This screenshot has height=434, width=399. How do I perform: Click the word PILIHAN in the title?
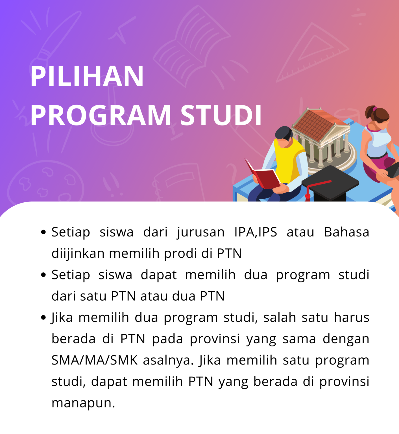coord(87,76)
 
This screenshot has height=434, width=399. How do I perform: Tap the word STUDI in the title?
coord(221,115)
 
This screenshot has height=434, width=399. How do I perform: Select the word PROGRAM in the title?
coord(101,115)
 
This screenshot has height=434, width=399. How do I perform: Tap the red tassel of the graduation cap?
coord(308,195)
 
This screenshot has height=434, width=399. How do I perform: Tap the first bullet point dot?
coord(43,232)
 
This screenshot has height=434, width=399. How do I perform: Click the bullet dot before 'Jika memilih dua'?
coord(43,318)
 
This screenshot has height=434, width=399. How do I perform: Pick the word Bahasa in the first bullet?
coord(346,232)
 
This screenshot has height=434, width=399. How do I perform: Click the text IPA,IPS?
coord(256,232)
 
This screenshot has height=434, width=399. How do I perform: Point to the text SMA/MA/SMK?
coord(94,360)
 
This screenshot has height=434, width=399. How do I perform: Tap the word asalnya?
coord(168,360)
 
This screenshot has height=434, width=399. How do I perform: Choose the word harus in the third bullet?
coord(352,318)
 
